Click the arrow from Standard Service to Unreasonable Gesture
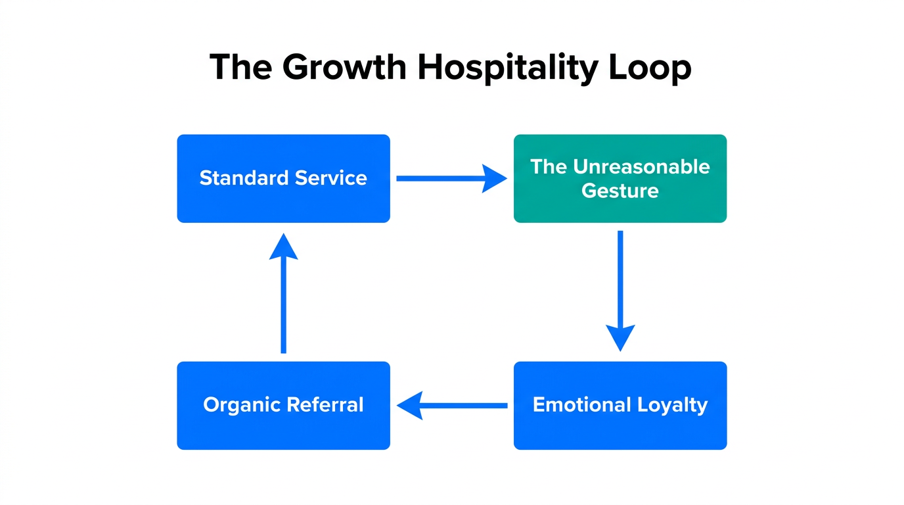pyautogui.click(x=451, y=178)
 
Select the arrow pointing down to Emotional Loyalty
pyautogui.click(x=620, y=290)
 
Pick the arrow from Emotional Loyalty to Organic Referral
pyautogui.click(x=452, y=406)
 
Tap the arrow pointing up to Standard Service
pyautogui.click(x=284, y=293)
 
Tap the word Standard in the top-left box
pyautogui.click(x=244, y=178)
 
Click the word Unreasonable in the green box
pyautogui.click(x=641, y=167)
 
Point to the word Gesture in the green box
pyautogui.click(x=620, y=191)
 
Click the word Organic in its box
pyautogui.click(x=240, y=404)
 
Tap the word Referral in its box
pyautogui.click(x=324, y=404)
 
